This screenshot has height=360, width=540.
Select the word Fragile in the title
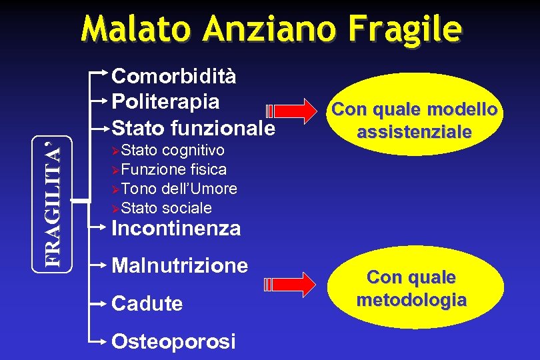click(411, 29)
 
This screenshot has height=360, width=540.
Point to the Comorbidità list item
click(174, 76)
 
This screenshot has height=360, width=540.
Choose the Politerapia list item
click(165, 101)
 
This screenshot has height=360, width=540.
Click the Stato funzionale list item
click(193, 127)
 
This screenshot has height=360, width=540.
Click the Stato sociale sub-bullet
click(167, 208)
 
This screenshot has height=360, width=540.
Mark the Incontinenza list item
click(177, 229)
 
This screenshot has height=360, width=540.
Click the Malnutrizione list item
click(180, 266)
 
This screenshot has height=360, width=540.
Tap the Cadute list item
click(147, 304)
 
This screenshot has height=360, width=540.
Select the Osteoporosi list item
click(173, 341)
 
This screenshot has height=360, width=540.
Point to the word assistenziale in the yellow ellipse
click(414, 132)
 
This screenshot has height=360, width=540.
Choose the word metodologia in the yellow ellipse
click(411, 300)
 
